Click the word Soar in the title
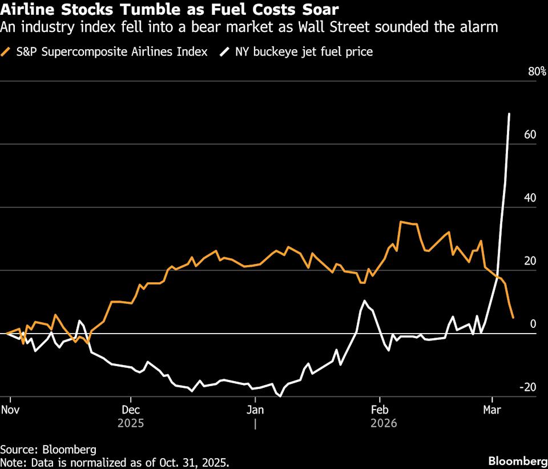pyautogui.click(x=319, y=10)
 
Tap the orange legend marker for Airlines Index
pyautogui.click(x=6, y=52)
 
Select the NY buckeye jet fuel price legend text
pyautogui.click(x=304, y=52)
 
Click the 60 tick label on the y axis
pyautogui.click(x=531, y=135)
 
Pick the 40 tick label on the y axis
pyautogui.click(x=531, y=198)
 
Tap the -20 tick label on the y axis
pyautogui.click(x=529, y=387)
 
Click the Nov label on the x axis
pyautogui.click(x=10, y=410)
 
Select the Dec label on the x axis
pyautogui.click(x=131, y=410)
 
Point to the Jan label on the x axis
pyautogui.click(x=255, y=410)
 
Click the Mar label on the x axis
pyautogui.click(x=492, y=410)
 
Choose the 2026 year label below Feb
pyautogui.click(x=383, y=423)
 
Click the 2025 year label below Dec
pyautogui.click(x=131, y=423)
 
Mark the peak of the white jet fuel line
pyautogui.click(x=509, y=114)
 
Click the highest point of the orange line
pyautogui.click(x=401, y=222)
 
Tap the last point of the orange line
pyautogui.click(x=513, y=318)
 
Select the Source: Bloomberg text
pyautogui.click(x=48, y=448)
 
